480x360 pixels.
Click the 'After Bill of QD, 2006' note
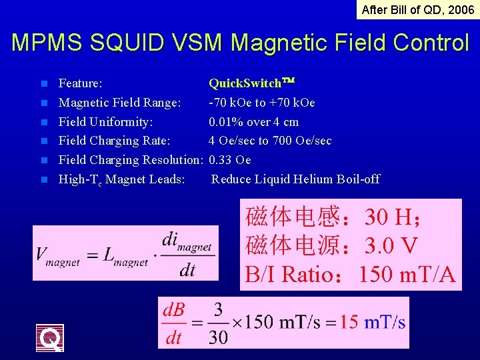(x=417, y=9)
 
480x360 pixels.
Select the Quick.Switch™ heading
(x=251, y=83)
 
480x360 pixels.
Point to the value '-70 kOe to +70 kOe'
(x=261, y=103)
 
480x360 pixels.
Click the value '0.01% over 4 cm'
(x=253, y=122)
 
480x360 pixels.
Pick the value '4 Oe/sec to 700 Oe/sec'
(x=269, y=141)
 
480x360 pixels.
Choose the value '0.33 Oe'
(x=229, y=160)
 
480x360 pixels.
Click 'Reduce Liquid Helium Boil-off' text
(x=295, y=179)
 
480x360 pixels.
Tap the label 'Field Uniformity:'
(x=105, y=122)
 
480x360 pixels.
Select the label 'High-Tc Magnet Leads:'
(x=121, y=179)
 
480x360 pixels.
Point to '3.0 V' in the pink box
(x=391, y=245)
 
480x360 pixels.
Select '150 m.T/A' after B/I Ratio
(x=407, y=273)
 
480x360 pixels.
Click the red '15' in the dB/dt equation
(x=349, y=322)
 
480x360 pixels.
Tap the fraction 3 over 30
(x=217, y=323)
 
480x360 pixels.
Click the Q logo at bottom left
(x=50, y=337)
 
